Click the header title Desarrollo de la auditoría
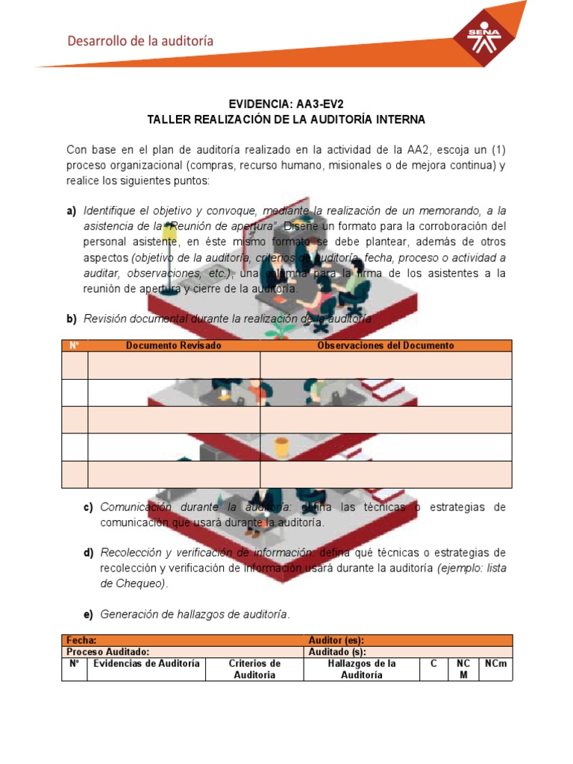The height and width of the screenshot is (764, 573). [x=140, y=41]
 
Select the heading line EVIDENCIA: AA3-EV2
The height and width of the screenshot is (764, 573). [x=286, y=104]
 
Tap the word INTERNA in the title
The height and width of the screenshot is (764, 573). [x=399, y=119]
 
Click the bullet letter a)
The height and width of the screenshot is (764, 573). [x=72, y=211]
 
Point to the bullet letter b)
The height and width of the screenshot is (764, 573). [x=72, y=319]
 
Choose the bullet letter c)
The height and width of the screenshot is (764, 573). [x=89, y=507]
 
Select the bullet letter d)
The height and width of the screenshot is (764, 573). [x=89, y=552]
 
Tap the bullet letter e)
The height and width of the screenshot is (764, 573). [x=89, y=614]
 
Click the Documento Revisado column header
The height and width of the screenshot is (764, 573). [x=174, y=345]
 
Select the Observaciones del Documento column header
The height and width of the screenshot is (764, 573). [x=386, y=345]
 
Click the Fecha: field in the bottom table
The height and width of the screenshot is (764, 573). [x=81, y=640]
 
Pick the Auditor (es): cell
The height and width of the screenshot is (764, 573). [x=336, y=640]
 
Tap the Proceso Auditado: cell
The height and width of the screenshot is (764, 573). [x=108, y=651]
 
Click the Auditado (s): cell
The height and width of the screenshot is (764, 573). [x=336, y=651]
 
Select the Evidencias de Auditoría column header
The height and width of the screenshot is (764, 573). [x=145, y=663]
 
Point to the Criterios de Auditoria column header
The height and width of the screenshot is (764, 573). [x=254, y=668]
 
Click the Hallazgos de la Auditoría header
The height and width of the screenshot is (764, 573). [x=362, y=668]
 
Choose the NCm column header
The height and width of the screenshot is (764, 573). [x=495, y=663]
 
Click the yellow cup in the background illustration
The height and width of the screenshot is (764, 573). [x=281, y=447]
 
